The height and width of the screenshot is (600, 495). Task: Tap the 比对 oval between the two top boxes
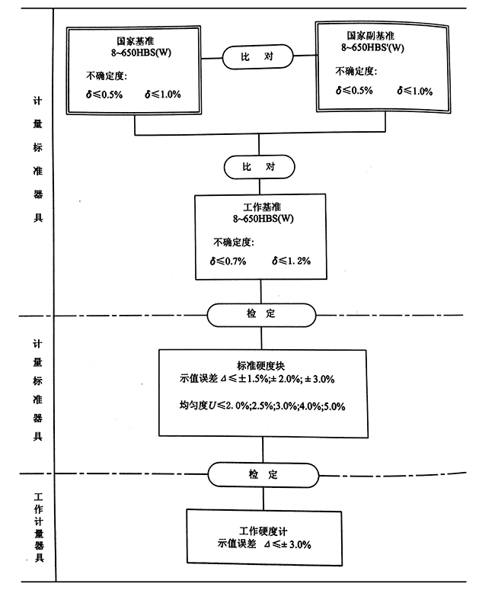[258, 56]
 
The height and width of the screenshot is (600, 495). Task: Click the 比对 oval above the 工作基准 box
[259, 166]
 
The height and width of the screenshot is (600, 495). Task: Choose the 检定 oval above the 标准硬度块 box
[262, 313]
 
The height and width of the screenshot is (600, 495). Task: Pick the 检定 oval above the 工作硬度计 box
[263, 474]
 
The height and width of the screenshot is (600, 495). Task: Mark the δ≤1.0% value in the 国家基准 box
[161, 95]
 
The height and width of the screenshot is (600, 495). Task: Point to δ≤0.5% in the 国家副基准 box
[354, 91]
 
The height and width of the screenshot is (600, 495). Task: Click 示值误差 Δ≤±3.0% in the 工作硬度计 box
[264, 544]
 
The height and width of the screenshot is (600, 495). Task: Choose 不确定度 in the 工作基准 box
[235, 242]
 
